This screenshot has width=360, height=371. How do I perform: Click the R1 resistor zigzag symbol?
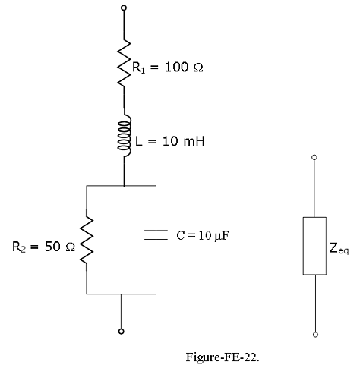[124, 63]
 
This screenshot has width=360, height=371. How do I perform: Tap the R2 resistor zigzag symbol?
[87, 240]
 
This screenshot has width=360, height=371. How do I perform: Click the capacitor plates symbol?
[156, 234]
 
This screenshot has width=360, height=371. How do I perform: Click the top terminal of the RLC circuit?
[124, 8]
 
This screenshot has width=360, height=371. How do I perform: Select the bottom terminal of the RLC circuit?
[122, 332]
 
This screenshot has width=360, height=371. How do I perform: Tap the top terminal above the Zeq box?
[314, 157]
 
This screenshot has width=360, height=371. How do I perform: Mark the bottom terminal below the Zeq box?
[315, 335]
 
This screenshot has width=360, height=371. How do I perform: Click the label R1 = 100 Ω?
[168, 68]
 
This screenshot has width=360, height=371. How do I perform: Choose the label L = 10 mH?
[170, 141]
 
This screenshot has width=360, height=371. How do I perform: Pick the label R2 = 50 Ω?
[44, 247]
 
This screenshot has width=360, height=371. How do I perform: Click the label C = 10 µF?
[203, 236]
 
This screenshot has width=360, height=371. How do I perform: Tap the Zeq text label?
[339, 248]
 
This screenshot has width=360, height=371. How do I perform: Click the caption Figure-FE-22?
[223, 357]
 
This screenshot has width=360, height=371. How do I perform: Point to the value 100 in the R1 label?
[177, 67]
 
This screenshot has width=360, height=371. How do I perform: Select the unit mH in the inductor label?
[194, 141]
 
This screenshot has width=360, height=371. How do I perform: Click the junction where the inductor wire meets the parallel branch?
[124, 186]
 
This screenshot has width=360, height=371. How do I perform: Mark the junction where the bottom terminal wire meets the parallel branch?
[121, 294]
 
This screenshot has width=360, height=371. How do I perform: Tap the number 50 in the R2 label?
[52, 247]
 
